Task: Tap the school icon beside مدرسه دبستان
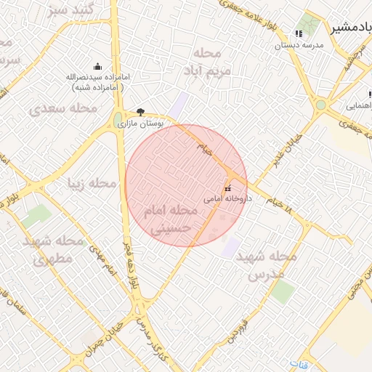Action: click(298, 33)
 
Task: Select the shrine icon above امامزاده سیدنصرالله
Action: click(98, 67)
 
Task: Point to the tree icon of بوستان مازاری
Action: click(140, 112)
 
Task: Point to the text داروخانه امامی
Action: click(227, 198)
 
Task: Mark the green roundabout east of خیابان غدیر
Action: click(320, 105)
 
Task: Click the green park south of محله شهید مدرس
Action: click(283, 292)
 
